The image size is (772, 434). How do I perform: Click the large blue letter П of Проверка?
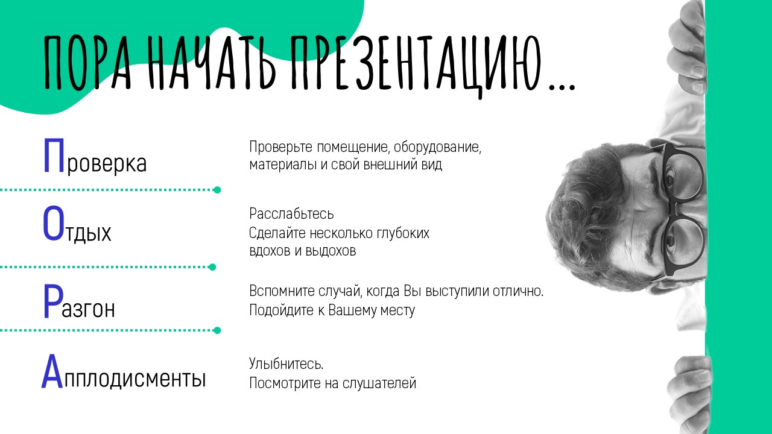coord(54,156)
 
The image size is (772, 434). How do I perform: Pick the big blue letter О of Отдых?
coord(53,224)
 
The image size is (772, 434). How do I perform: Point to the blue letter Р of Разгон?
coord(52,302)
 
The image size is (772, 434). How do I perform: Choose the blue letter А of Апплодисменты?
coord(52,372)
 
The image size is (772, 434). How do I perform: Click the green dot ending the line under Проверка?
coord(217,190)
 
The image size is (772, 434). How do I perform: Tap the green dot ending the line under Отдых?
coord(212,266)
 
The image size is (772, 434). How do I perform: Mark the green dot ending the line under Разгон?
coord(217,330)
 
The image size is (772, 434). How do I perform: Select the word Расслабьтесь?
coord(291,214)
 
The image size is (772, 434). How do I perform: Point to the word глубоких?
coord(403,233)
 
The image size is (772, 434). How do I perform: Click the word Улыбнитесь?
coord(286,364)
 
